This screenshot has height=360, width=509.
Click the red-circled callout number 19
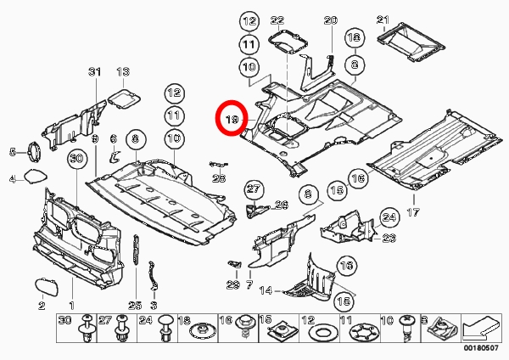click(232, 121)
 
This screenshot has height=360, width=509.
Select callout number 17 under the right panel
click(415, 211)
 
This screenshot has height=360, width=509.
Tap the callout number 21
click(382, 20)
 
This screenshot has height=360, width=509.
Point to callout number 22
click(277, 20)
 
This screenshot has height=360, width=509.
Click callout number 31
click(94, 72)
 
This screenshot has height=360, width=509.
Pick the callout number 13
click(123, 72)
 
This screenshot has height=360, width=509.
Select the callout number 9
click(94, 138)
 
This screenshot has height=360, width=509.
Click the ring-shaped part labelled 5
click(36, 153)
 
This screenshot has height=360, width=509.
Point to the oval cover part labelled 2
click(45, 286)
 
